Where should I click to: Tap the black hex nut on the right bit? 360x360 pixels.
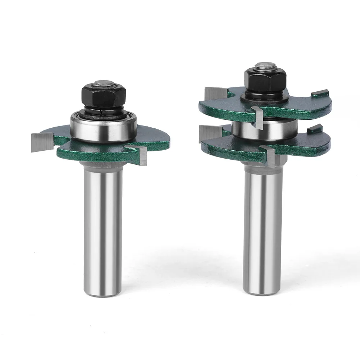click(x=265, y=79)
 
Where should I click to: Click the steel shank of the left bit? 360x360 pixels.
click(x=103, y=223)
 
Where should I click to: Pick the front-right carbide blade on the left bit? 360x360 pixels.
click(x=141, y=155)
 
